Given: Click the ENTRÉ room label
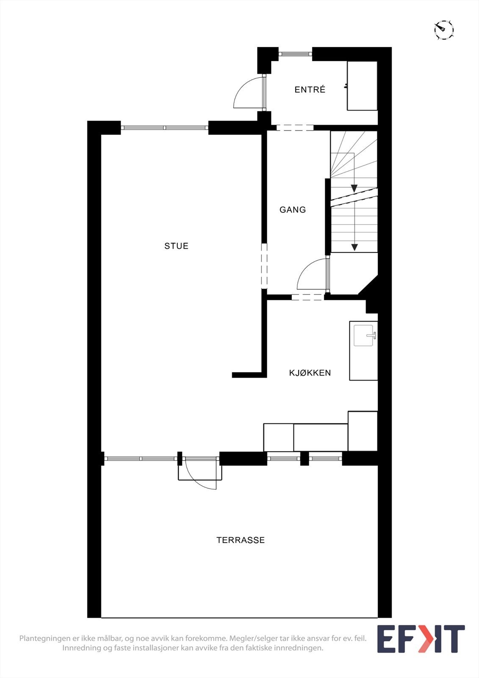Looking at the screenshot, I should (310, 89).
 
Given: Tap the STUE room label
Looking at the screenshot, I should (176, 246).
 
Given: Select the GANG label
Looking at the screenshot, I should (292, 209).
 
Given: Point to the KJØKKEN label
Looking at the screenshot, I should (310, 373).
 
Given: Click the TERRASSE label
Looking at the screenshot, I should (240, 540).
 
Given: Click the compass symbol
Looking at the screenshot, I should (443, 30).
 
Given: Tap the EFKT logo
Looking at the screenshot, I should (421, 639).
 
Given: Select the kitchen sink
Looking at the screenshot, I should (364, 336).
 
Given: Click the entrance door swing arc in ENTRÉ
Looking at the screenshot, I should (246, 94).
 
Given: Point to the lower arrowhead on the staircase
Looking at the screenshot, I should (354, 247).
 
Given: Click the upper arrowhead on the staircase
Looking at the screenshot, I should (354, 189).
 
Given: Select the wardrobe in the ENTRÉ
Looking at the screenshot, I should (362, 86).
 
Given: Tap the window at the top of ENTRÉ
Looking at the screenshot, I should (295, 54).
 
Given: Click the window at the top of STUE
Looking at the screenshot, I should (164, 128).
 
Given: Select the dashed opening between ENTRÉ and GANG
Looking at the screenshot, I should (295, 128).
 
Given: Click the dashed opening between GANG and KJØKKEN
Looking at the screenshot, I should (308, 297).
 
